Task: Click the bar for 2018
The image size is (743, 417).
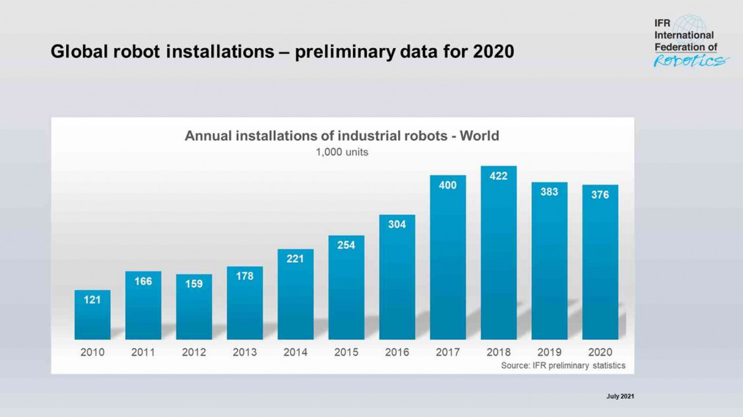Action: pyautogui.click(x=498, y=257)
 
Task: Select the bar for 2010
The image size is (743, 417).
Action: pyautogui.click(x=92, y=320)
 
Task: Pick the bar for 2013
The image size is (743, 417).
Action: pyautogui.click(x=244, y=306)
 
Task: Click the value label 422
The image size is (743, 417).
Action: pyautogui.click(x=498, y=176)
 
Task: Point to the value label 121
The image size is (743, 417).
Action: pyautogui.click(x=92, y=300)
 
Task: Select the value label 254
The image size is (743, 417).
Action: pyautogui.click(x=346, y=245)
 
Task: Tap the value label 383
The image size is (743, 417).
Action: pyautogui.click(x=549, y=192)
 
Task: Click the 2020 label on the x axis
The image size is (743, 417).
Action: pyautogui.click(x=600, y=352)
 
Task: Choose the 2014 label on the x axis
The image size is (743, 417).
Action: pyautogui.click(x=295, y=352)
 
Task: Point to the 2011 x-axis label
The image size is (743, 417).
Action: pyautogui.click(x=143, y=352)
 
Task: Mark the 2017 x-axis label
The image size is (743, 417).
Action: pyautogui.click(x=447, y=352)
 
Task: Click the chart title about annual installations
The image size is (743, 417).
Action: pyautogui.click(x=342, y=136)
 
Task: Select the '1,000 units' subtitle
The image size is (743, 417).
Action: pyautogui.click(x=342, y=152)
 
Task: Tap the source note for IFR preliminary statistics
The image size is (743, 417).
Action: pyautogui.click(x=563, y=366)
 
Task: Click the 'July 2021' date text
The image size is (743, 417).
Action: pyautogui.click(x=620, y=396)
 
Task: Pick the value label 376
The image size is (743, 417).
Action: pyautogui.click(x=600, y=195)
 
